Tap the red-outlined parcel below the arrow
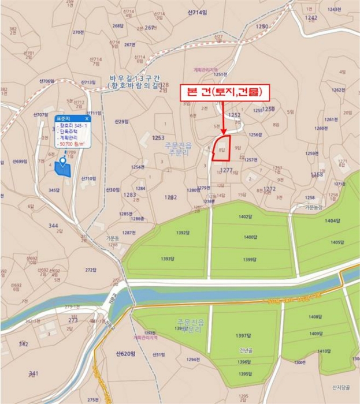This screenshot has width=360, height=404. tap(222, 145)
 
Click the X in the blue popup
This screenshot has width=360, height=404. tap(87, 118)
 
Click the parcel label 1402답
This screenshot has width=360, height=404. tap(246, 216)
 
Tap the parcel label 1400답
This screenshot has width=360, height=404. tap(250, 237)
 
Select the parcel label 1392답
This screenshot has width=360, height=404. tap(183, 233)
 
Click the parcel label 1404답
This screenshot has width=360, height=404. tap(333, 221)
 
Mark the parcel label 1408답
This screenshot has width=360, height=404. tap(316, 317)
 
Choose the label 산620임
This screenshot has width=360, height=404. tap(124, 353)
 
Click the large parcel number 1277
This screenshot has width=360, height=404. tap(227, 170)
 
